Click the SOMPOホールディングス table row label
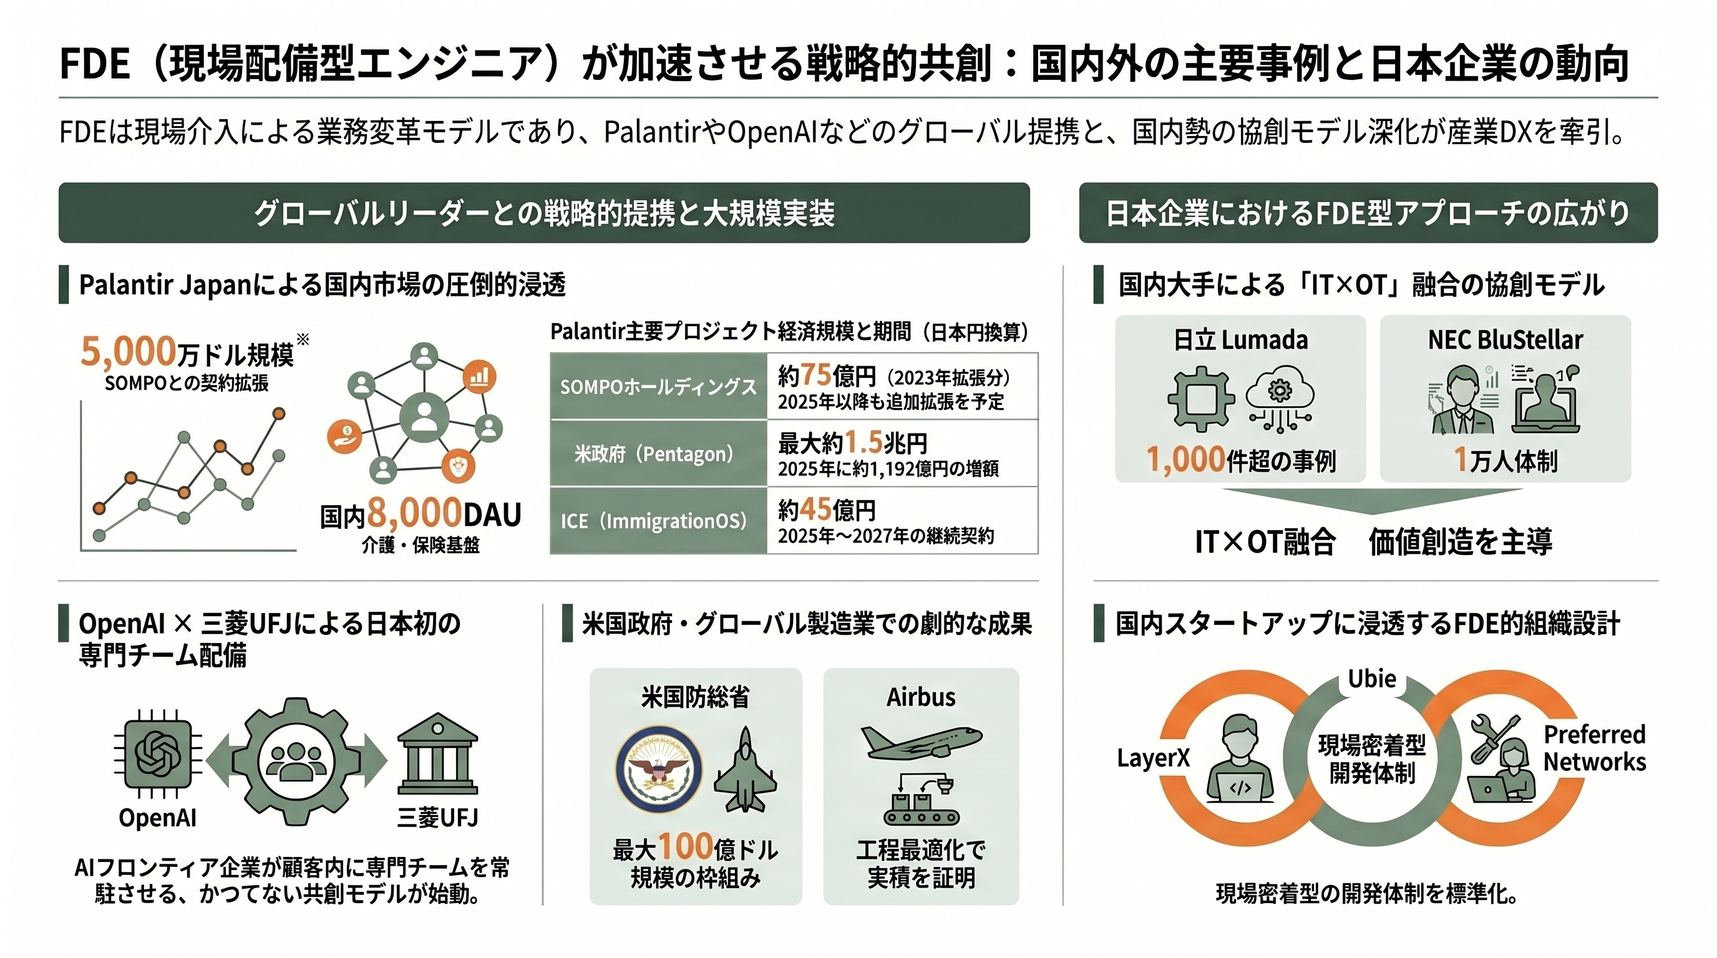point(658,387)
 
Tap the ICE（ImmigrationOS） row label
point(654,520)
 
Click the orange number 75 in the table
point(815,375)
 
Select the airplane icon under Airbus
point(921,742)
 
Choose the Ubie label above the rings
point(1372,679)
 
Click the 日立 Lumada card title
point(1240,340)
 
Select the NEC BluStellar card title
point(1505,340)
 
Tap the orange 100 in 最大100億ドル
point(685,846)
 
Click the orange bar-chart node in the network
point(479,377)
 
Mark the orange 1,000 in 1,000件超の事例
point(1185,460)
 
